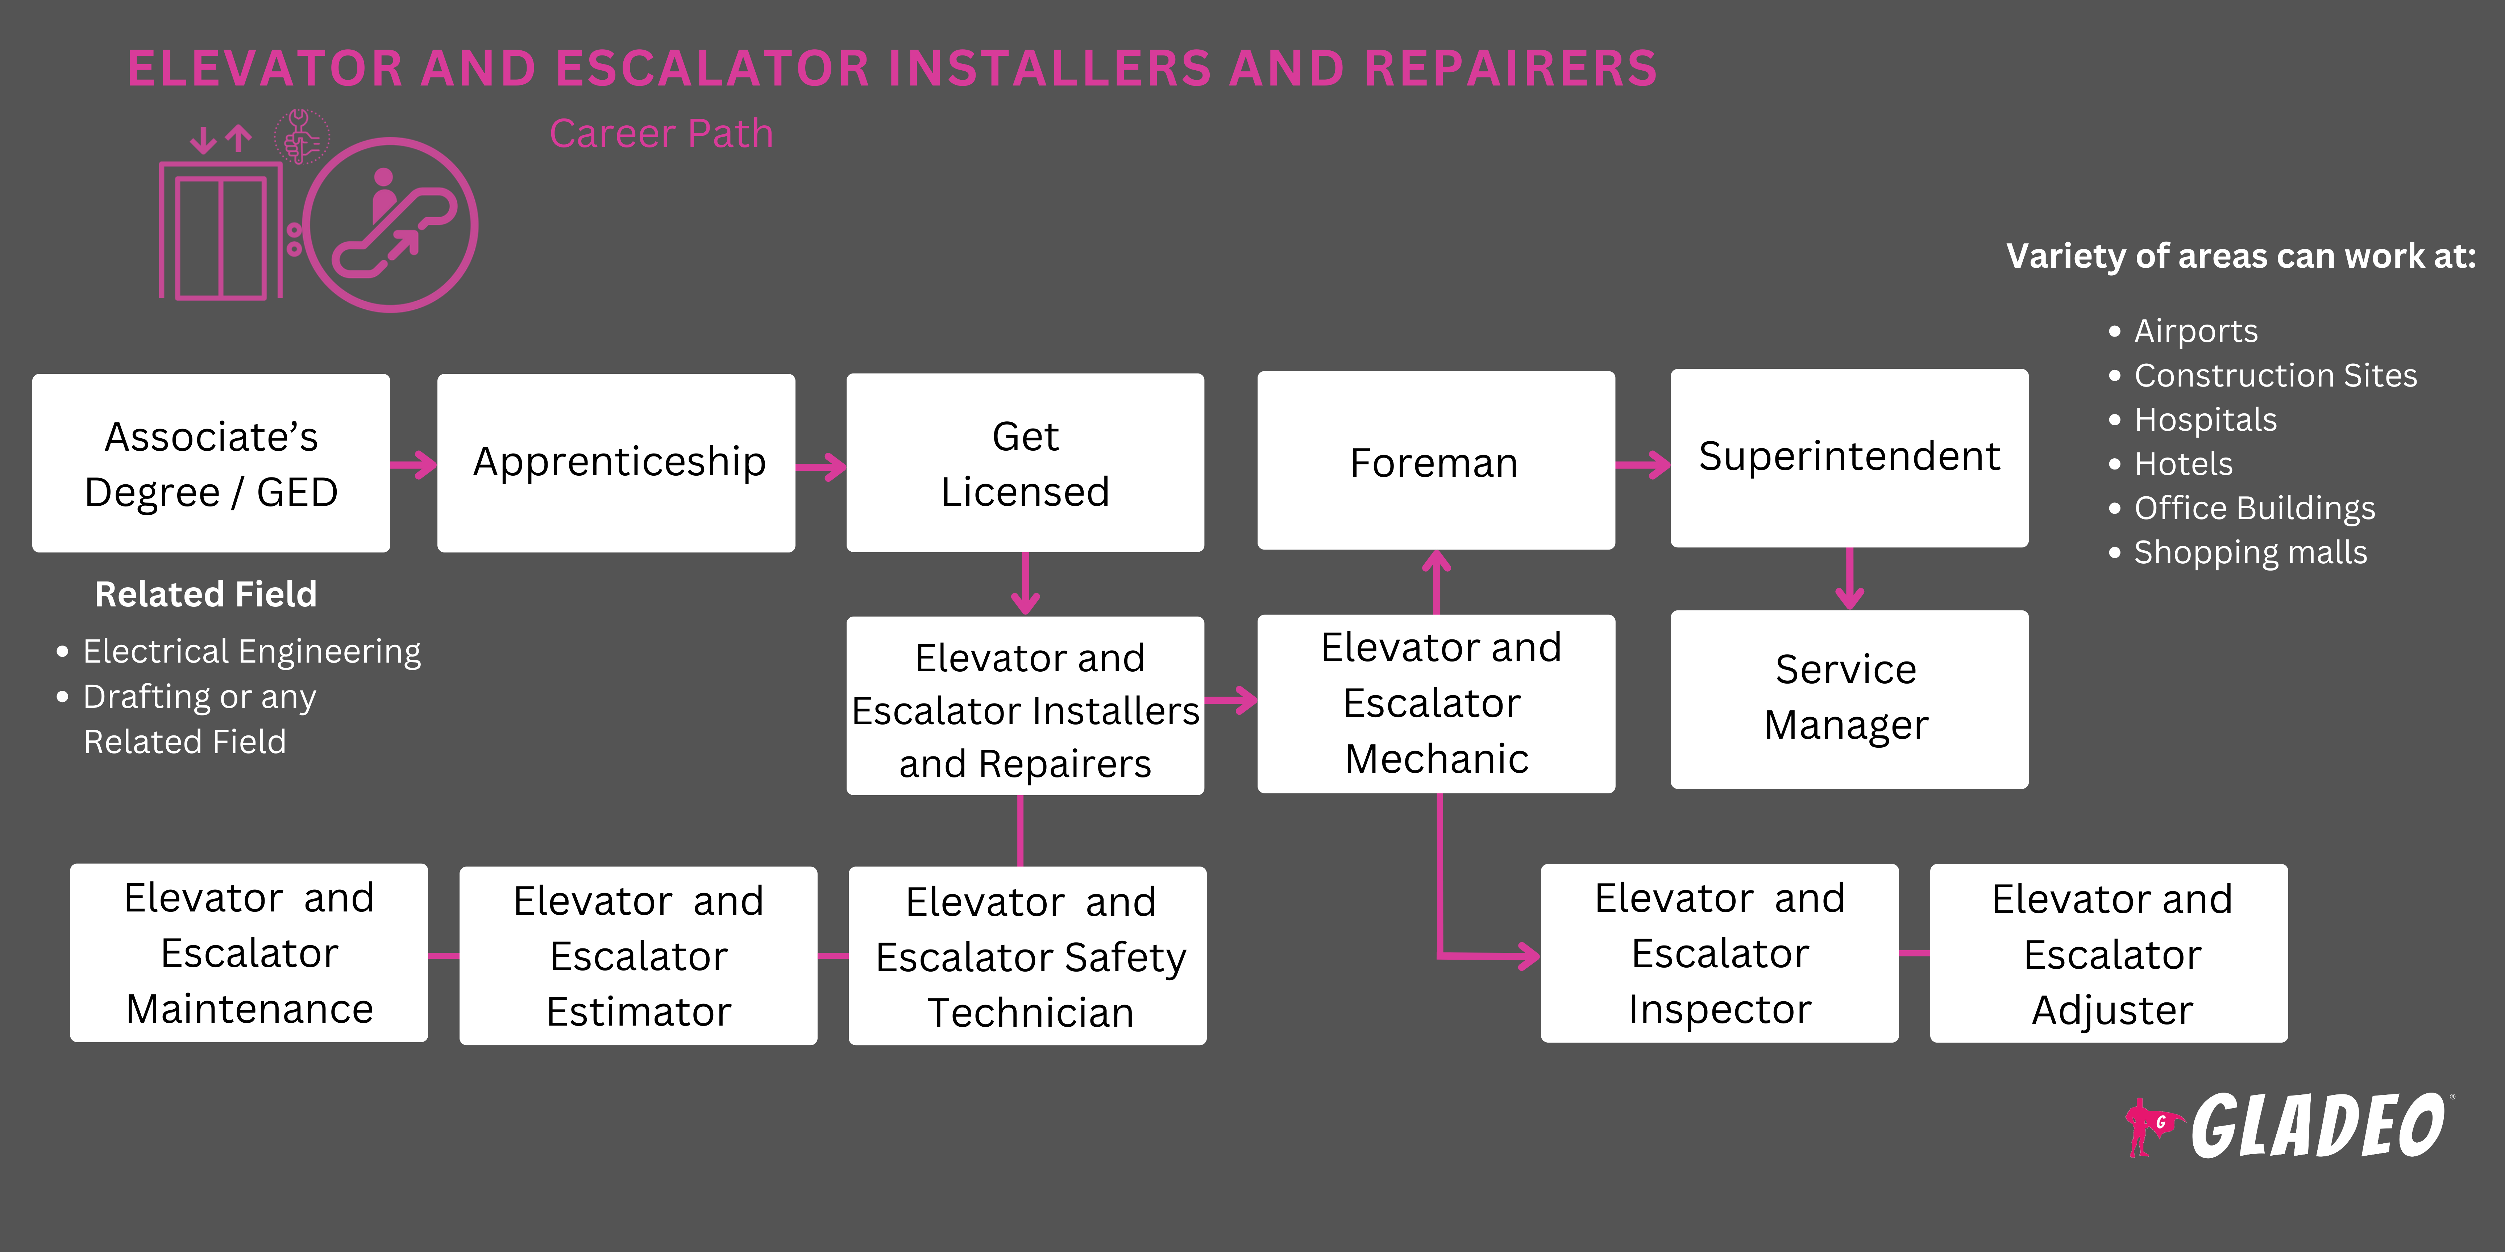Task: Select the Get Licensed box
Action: click(x=1025, y=463)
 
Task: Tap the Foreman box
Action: click(x=1435, y=461)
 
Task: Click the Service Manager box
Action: click(x=1849, y=699)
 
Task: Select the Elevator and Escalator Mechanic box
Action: click(x=1435, y=703)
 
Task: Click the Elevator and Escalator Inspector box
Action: click(x=1719, y=953)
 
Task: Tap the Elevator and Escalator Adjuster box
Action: click(x=2108, y=953)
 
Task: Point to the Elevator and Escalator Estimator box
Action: click(x=638, y=956)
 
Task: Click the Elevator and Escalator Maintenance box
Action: click(x=249, y=953)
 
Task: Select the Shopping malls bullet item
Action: click(x=2249, y=552)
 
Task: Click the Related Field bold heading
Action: click(x=205, y=594)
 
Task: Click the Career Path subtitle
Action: click(x=661, y=133)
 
